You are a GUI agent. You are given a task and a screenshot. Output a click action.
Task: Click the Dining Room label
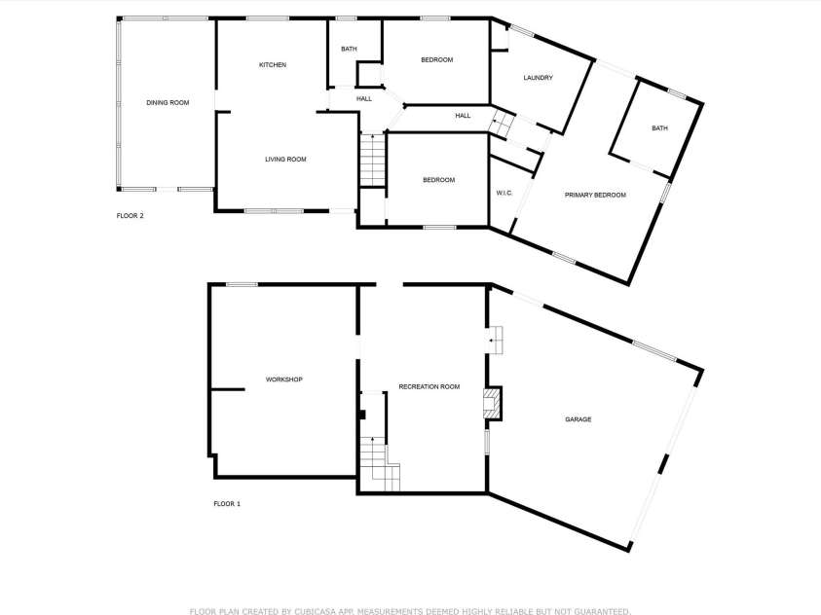coord(168,102)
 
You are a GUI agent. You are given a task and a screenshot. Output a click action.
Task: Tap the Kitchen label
coord(273,65)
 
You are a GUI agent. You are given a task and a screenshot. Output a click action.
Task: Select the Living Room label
coord(286,160)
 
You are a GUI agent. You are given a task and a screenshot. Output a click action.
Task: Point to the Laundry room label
coord(538,78)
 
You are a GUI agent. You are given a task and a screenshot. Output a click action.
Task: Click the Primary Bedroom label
coord(595,196)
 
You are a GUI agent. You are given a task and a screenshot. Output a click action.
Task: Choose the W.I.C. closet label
coord(504,193)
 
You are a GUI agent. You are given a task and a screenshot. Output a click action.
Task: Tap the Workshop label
coord(284,380)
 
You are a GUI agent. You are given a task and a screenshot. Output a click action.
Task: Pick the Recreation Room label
coord(429,387)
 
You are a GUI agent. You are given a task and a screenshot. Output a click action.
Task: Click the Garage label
coord(578,419)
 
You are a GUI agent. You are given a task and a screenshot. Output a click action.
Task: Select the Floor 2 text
coord(130,216)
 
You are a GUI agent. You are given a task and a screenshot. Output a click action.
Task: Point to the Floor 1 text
coord(227,504)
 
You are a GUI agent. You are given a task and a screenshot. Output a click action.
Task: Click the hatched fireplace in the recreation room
coord(494,404)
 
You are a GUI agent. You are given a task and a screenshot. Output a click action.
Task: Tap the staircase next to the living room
coord(373,160)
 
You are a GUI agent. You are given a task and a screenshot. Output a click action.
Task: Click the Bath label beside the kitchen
coord(348,50)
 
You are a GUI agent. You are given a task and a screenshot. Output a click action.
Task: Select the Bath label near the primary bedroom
coord(660,128)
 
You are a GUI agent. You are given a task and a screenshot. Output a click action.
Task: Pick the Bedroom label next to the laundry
coord(437,60)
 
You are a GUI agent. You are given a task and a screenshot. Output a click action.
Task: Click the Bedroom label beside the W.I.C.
coord(438,180)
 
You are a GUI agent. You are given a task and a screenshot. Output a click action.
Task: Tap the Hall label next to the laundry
coord(464,116)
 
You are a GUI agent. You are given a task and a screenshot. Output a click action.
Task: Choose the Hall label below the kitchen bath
coord(363,98)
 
